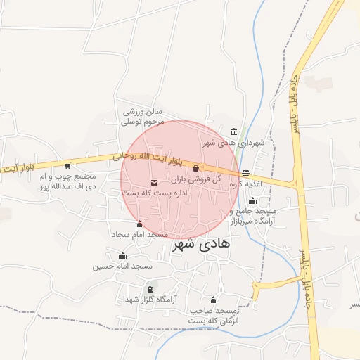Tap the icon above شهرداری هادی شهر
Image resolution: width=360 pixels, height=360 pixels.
(233, 131)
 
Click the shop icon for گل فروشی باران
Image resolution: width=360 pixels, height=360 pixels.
(196, 168)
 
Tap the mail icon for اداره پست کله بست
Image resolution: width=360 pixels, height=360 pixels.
(154, 184)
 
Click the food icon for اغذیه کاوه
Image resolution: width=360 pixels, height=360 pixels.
(245, 173)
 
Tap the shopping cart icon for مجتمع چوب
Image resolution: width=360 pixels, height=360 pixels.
(67, 166)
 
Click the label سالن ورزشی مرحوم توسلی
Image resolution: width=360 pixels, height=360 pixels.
(143, 116)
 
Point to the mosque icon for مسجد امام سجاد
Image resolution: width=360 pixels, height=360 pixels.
(139, 224)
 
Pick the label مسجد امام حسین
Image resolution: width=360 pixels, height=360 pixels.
(122, 266)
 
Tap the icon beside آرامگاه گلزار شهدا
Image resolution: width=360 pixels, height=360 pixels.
(149, 289)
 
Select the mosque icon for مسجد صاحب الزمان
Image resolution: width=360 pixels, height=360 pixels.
(213, 300)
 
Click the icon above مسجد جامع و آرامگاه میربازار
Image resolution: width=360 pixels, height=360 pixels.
(252, 201)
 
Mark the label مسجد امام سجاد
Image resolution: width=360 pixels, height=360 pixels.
(139, 234)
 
